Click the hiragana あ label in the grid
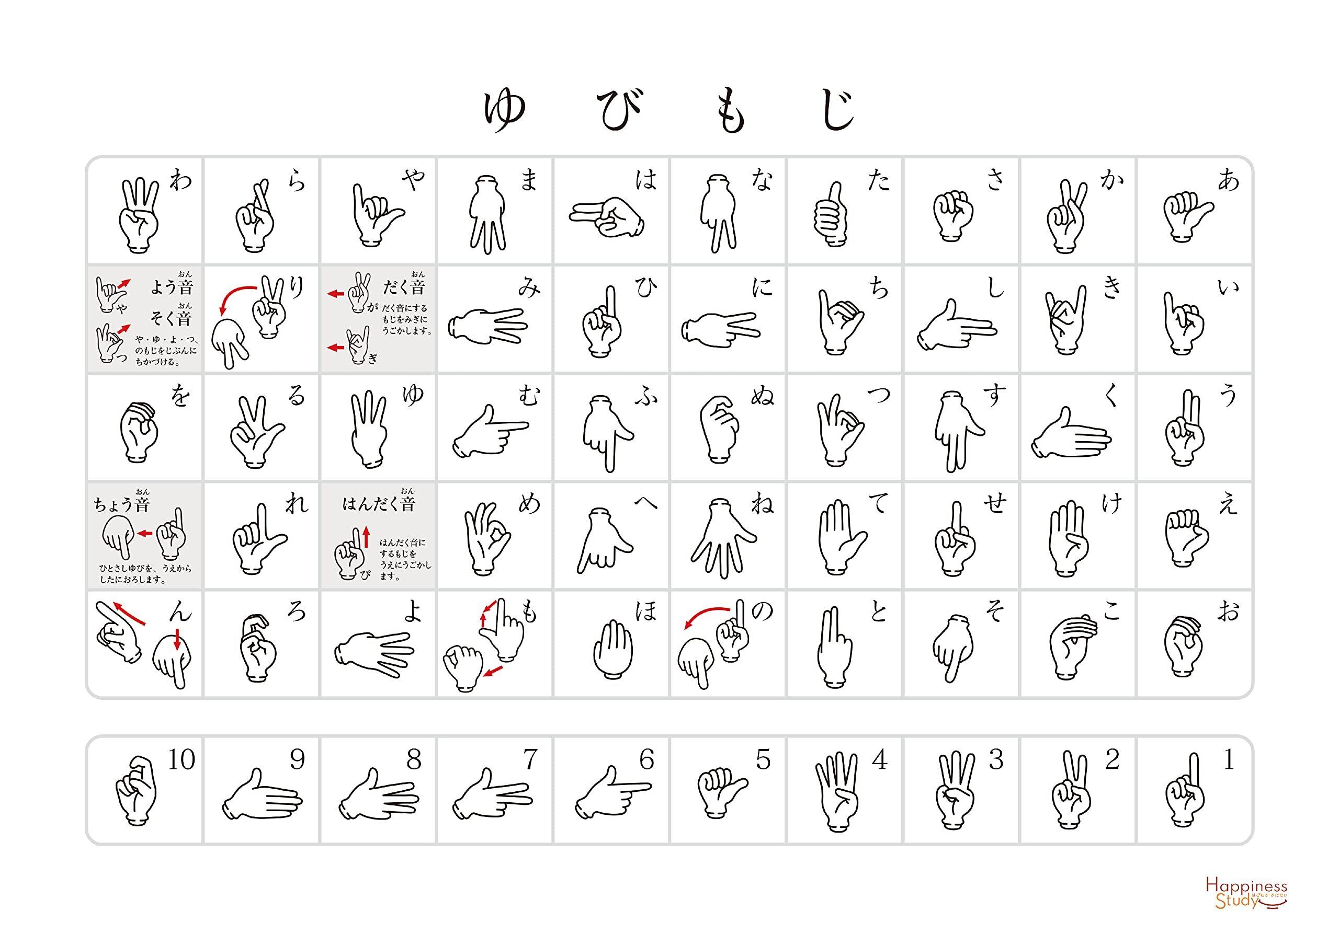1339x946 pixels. tap(1228, 182)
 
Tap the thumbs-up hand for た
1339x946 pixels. tap(832, 213)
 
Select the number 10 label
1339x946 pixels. tap(181, 759)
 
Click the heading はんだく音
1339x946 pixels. tap(379, 502)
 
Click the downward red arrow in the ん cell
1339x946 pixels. tap(177, 639)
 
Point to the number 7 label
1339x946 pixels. tap(529, 759)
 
